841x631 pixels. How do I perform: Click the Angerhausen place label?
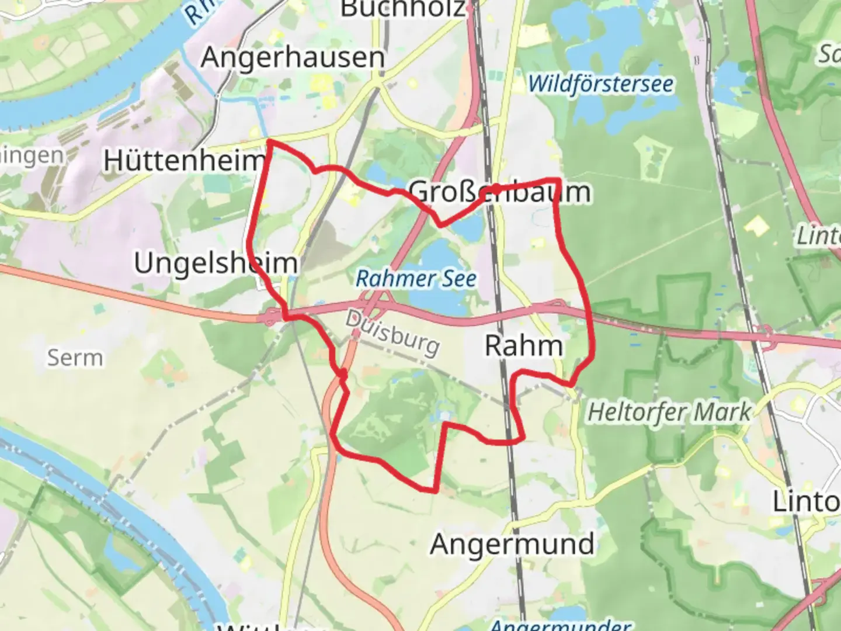293,57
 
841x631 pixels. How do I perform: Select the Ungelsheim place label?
216,263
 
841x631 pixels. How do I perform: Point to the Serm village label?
75,357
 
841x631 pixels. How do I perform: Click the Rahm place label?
524,346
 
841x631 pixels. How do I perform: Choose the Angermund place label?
512,544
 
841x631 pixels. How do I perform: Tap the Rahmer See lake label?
416,279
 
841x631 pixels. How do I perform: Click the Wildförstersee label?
601,84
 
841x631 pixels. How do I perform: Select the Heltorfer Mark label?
669,412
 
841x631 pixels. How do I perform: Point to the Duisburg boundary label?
392,334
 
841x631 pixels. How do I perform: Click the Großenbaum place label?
499,192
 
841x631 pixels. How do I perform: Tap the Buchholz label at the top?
404,8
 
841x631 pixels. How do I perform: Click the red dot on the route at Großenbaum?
495,188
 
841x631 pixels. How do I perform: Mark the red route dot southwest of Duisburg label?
343,373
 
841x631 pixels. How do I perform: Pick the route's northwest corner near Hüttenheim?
269,141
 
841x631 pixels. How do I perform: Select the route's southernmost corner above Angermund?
435,490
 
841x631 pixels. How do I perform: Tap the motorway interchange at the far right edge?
766,337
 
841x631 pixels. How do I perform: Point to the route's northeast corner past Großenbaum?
559,179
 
